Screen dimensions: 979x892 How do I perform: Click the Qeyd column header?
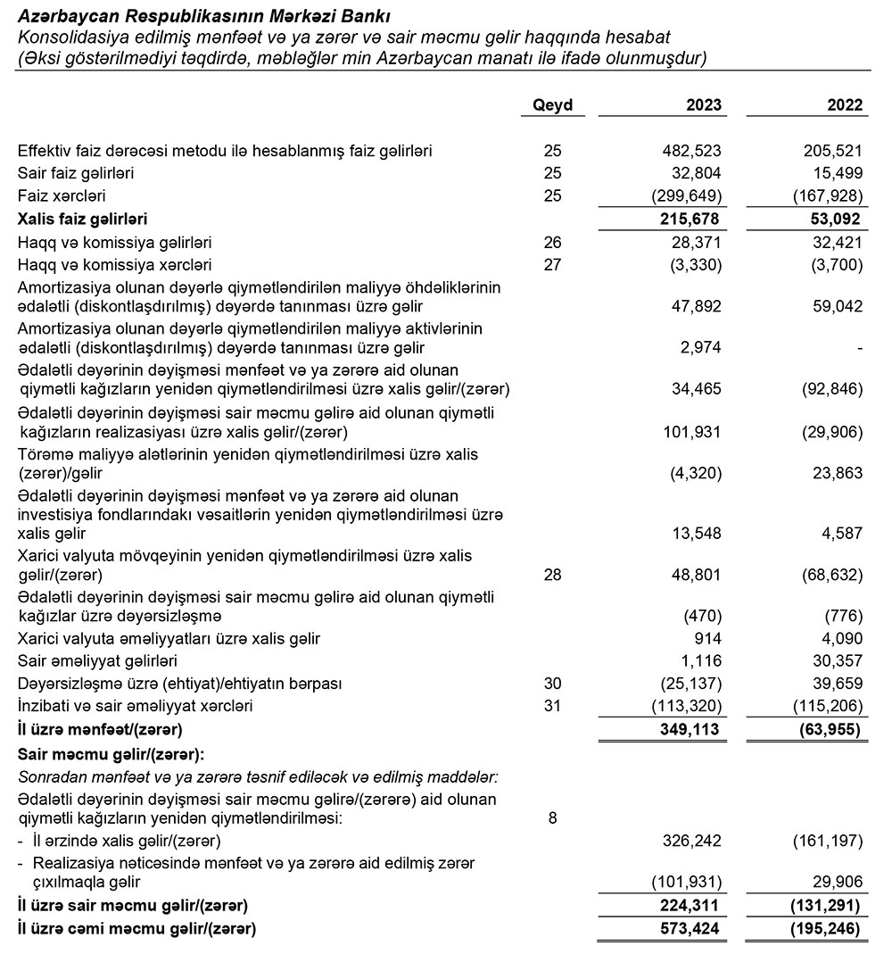point(552,105)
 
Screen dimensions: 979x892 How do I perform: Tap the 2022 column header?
point(845,105)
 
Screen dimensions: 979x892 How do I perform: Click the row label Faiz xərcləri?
point(62,195)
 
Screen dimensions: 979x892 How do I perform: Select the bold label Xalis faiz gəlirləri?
point(82,219)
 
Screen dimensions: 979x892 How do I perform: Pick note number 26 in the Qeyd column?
point(552,242)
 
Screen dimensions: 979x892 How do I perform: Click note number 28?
point(552,576)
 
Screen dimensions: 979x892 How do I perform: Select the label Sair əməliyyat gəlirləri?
point(97,661)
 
